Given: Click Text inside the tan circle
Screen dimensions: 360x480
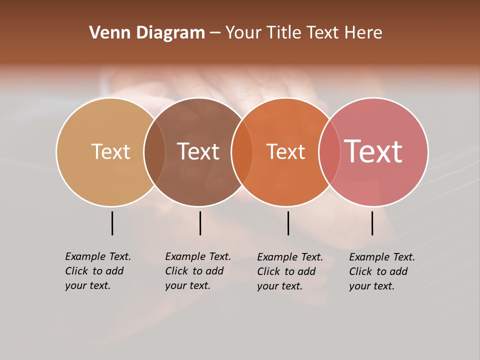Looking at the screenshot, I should point(110,151).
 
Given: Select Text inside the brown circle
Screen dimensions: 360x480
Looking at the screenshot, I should point(198,151).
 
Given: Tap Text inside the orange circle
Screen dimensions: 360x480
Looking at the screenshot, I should point(285,151).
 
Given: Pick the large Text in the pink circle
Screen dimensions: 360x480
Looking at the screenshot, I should point(373,151).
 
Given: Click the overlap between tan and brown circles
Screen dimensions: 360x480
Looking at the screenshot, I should point(154,152).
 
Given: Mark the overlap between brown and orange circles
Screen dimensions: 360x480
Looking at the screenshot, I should point(242,152).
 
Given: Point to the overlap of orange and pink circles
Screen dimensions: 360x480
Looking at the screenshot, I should point(329,152).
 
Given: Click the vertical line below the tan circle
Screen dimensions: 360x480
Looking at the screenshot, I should point(112,223).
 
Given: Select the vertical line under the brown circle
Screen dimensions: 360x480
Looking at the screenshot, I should point(200,223).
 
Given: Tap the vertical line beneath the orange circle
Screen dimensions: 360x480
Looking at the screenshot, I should point(288,223).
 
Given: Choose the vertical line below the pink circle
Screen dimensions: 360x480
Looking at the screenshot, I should point(372,223).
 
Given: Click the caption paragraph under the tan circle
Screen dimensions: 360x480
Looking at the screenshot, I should point(97,271).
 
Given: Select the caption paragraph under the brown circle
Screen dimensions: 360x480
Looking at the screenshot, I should point(197,271).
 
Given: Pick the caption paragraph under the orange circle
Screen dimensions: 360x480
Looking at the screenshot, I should point(289,271).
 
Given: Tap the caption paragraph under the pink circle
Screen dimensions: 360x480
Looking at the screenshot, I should point(381,271).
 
